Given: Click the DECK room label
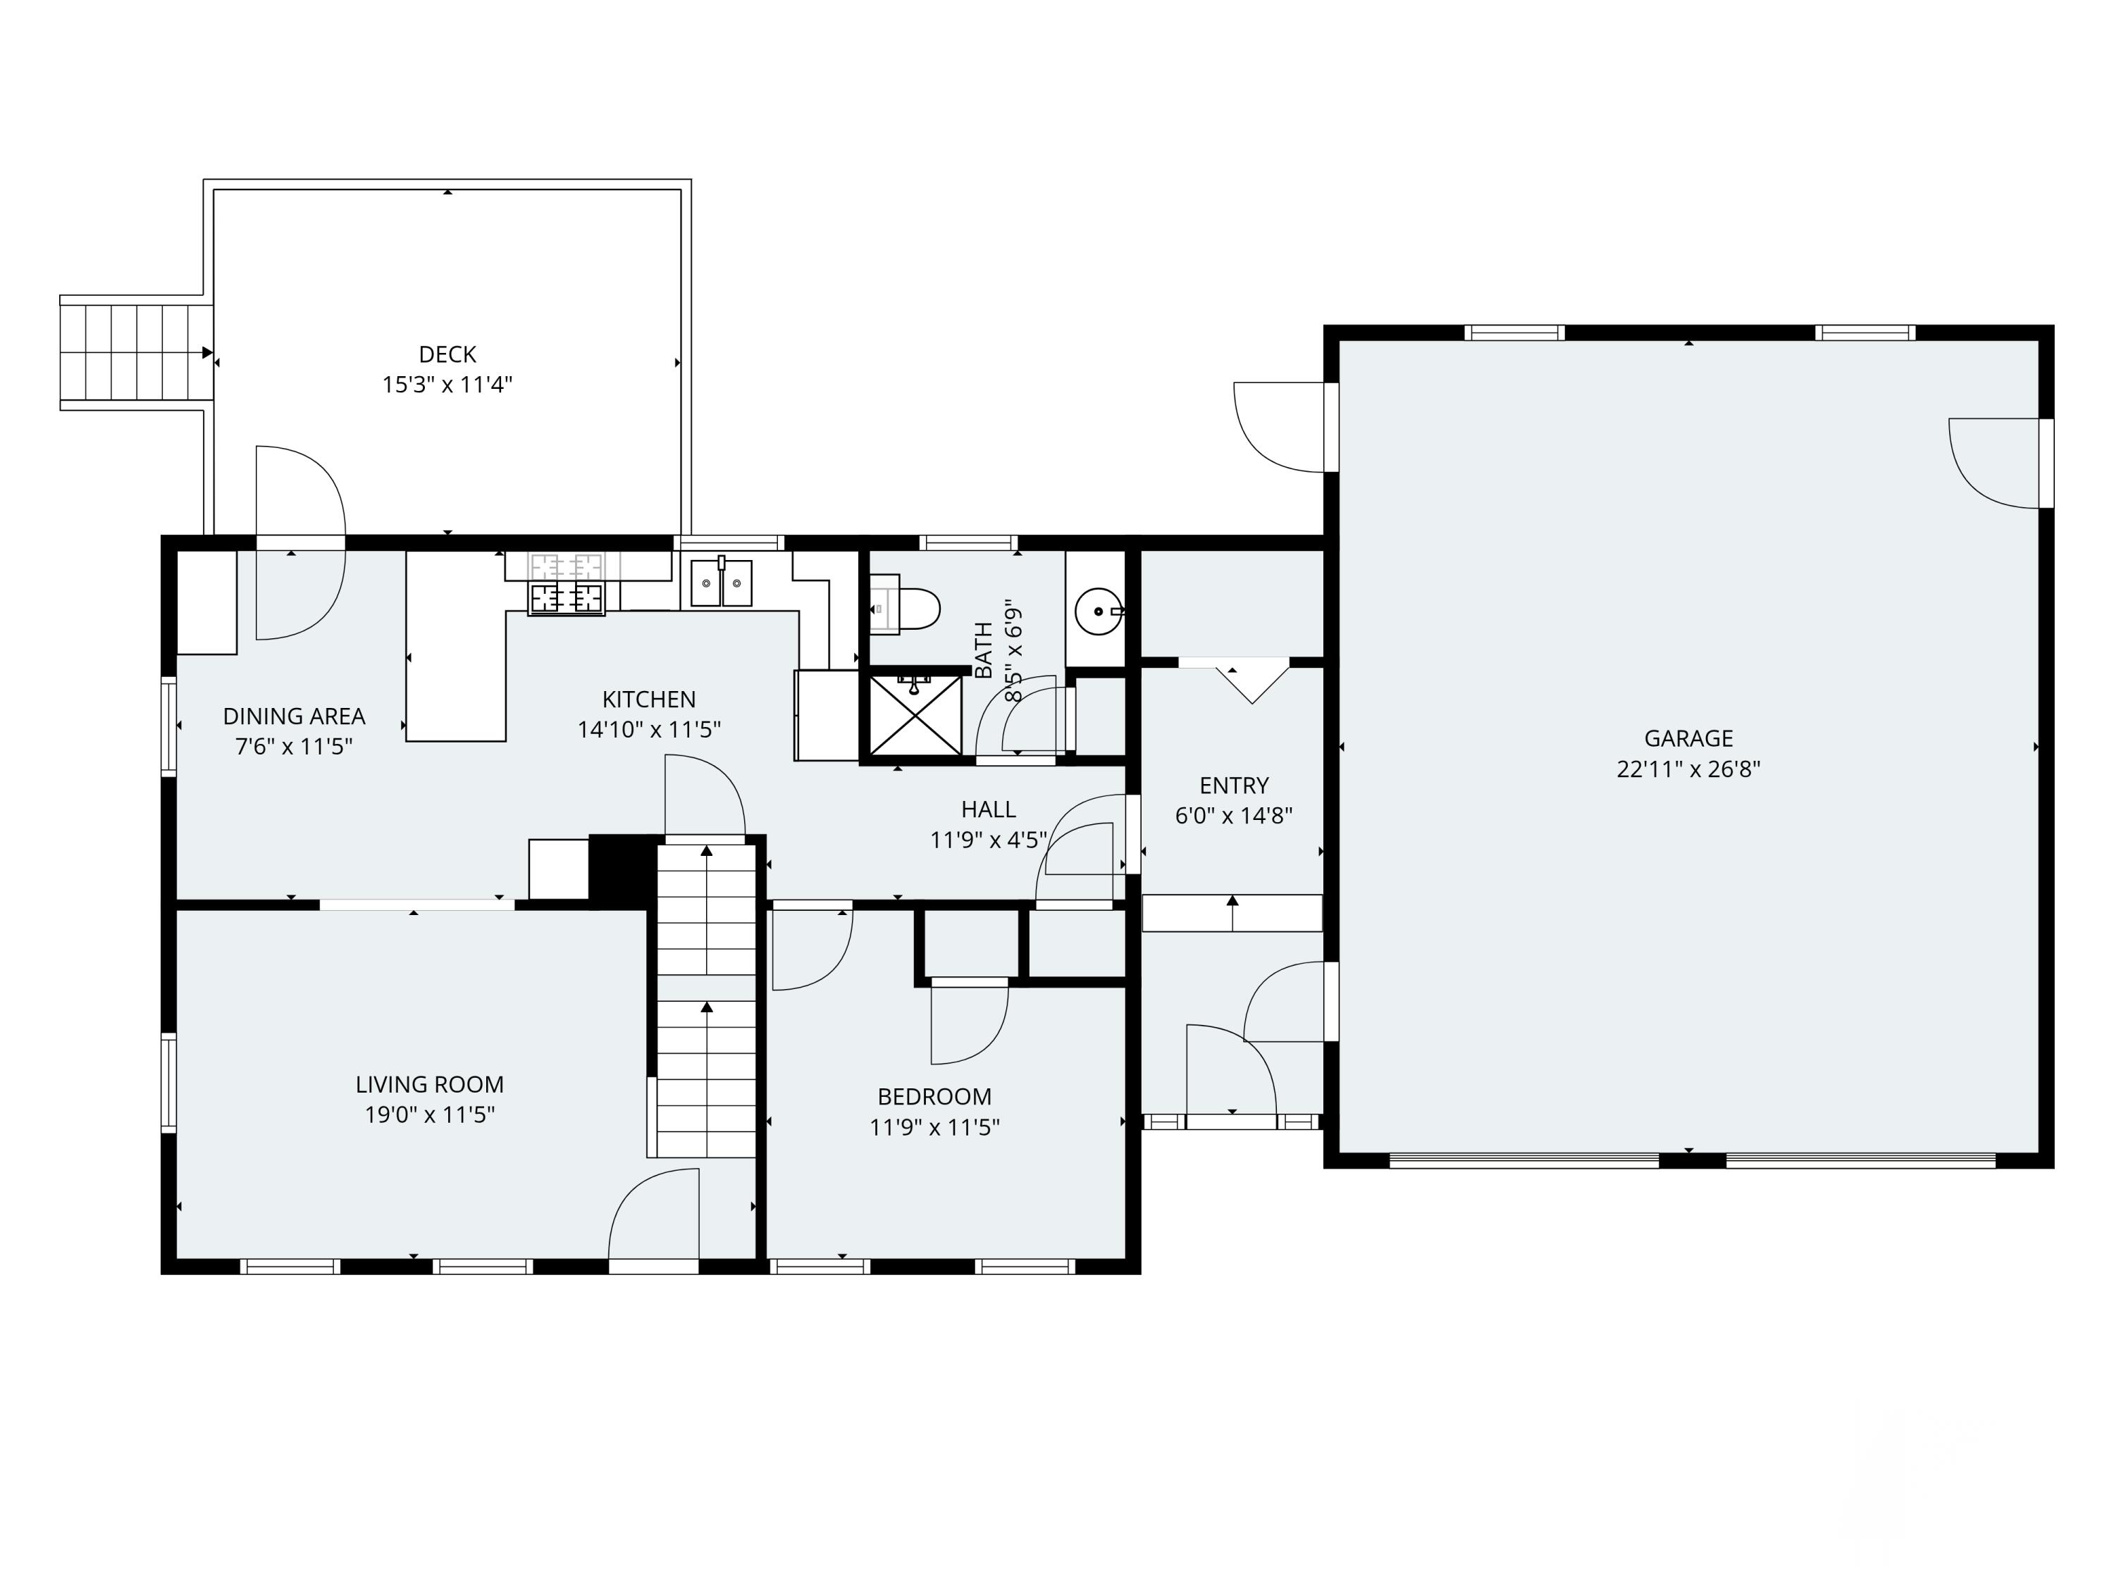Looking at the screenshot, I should pyautogui.click(x=447, y=354).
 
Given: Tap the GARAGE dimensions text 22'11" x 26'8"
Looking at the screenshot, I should pyautogui.click(x=1688, y=769).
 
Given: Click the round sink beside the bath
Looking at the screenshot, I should pyautogui.click(x=1097, y=611).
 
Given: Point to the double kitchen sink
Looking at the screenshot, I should pyautogui.click(x=722, y=583).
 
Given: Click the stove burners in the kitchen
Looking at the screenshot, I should pyautogui.click(x=567, y=598).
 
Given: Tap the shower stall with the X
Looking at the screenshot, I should pyautogui.click(x=914, y=714).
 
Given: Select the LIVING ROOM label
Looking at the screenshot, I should pyautogui.click(x=429, y=1084).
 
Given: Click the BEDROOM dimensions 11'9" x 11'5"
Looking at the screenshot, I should pyautogui.click(x=934, y=1127).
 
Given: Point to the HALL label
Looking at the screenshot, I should pyautogui.click(x=988, y=809).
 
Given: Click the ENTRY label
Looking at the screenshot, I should pyautogui.click(x=1233, y=785).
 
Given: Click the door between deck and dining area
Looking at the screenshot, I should pyautogui.click(x=300, y=542).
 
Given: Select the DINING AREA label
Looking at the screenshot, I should pyautogui.click(x=293, y=716).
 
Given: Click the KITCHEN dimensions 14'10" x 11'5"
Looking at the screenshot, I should pyautogui.click(x=649, y=730).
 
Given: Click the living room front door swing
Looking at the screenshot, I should pyautogui.click(x=654, y=1218).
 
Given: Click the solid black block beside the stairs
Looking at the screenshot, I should pyautogui.click(x=622, y=869).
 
